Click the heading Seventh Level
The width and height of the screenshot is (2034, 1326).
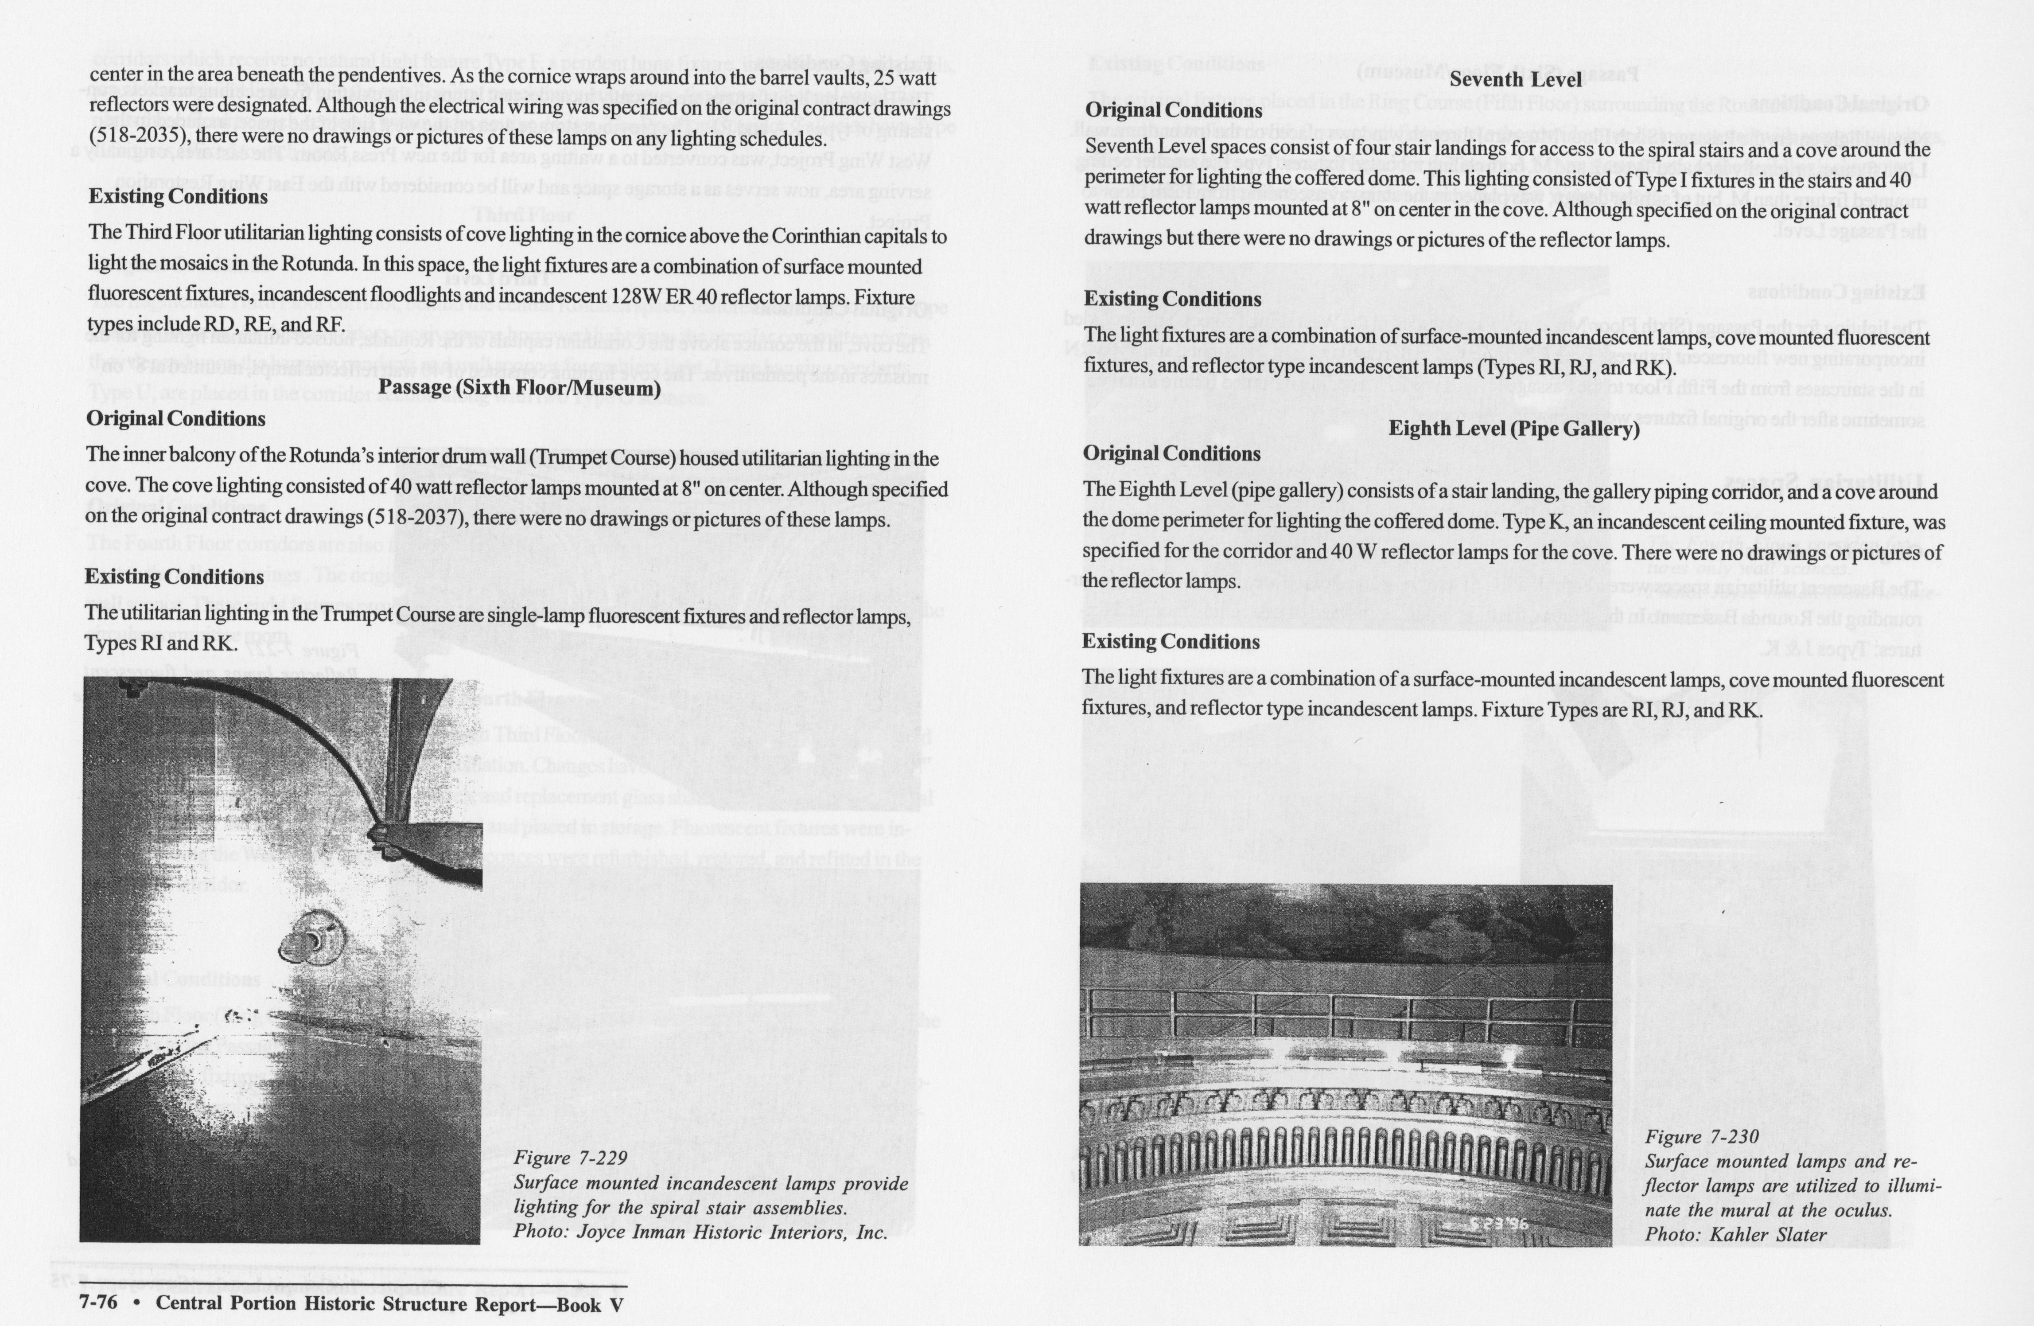1515,79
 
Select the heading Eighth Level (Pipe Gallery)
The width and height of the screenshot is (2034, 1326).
1513,428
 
